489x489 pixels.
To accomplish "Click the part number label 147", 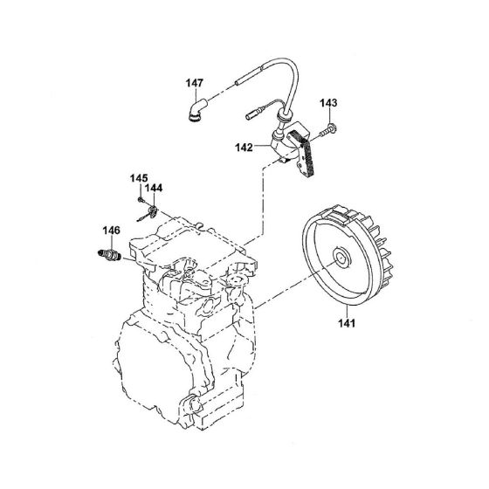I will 194,84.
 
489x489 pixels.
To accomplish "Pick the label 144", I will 154,187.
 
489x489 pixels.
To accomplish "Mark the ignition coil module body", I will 286,147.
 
